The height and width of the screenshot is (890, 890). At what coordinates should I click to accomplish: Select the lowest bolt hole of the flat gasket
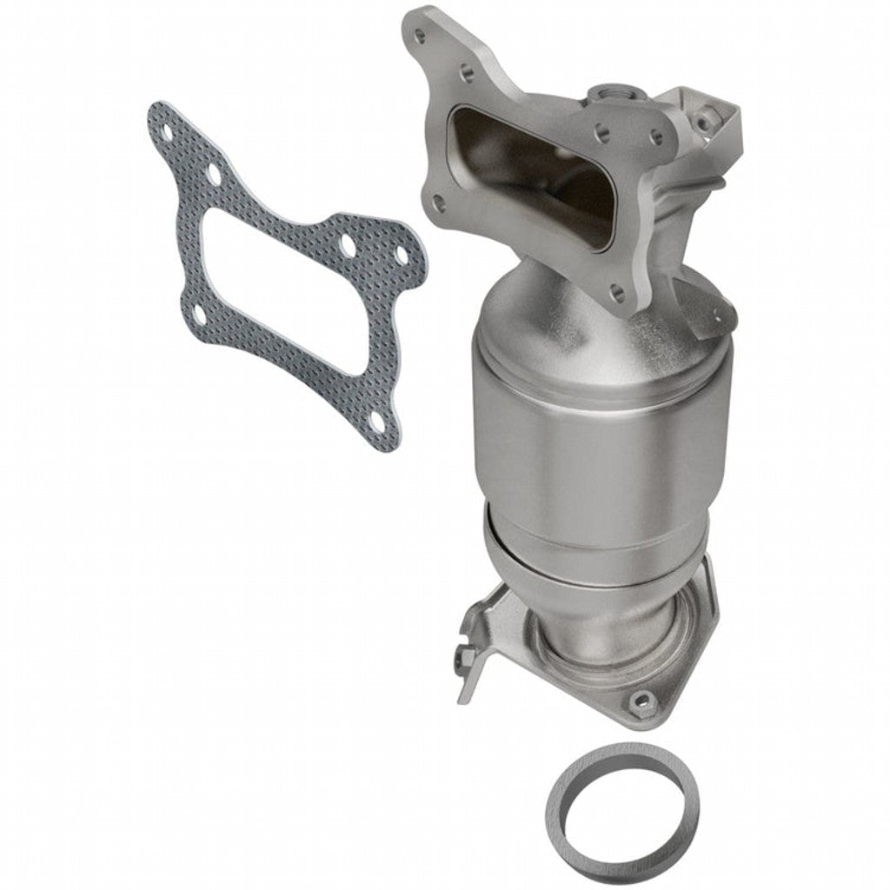(376, 422)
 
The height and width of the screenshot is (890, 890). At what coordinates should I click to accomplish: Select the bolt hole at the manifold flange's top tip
(422, 37)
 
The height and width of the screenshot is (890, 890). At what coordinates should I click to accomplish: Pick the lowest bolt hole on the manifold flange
(617, 293)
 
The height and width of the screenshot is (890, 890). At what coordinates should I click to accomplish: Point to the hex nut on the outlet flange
(641, 700)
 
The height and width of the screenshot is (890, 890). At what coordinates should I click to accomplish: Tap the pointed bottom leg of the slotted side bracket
(464, 691)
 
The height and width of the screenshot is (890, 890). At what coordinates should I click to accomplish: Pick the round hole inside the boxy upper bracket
(709, 114)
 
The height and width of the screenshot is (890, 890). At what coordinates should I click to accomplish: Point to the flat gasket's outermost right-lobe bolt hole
(402, 255)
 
